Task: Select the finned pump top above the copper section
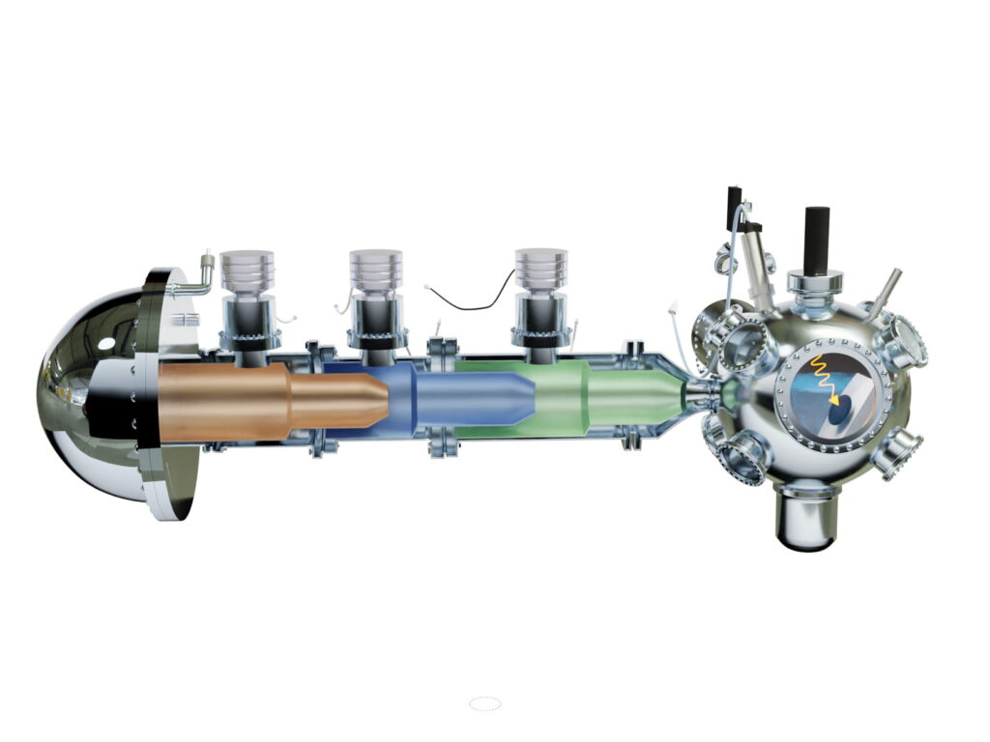(247, 273)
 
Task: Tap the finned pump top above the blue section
(375, 271)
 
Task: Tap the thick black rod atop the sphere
(816, 238)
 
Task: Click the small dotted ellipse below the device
(484, 704)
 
